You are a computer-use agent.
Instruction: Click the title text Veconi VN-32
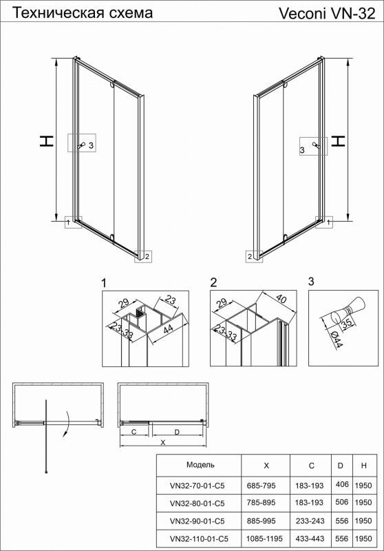point(327,14)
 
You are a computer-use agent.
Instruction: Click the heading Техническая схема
point(83,13)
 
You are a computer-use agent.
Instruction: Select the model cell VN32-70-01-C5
point(197,486)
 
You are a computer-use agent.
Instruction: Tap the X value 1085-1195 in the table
point(264,539)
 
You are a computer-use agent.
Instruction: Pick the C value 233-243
point(310,521)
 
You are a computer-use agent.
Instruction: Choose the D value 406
point(342,485)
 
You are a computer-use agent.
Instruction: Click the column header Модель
point(200,465)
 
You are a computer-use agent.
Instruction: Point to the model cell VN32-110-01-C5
point(198,539)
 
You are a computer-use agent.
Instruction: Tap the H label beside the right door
point(339,141)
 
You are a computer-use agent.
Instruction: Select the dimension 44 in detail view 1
point(168,330)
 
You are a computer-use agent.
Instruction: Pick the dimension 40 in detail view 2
point(281,299)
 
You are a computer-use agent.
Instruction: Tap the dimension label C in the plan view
point(134,432)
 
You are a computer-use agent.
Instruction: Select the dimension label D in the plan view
point(177,432)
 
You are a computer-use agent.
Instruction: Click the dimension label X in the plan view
point(163,443)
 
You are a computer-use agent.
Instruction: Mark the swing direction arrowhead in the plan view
point(64,435)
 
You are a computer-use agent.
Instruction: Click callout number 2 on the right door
point(250,256)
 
